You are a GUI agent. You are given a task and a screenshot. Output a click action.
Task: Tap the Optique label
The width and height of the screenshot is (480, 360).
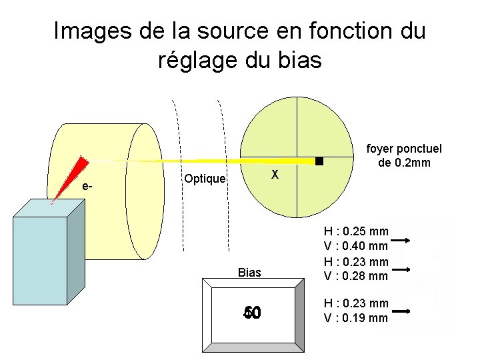pos(205,179)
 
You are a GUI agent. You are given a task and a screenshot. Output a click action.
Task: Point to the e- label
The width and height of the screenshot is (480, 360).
pos(87,186)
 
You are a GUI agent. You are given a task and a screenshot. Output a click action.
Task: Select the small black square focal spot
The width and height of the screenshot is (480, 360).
pos(319,161)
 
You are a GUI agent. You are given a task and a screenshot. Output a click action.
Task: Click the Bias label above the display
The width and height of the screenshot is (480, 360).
pos(249,272)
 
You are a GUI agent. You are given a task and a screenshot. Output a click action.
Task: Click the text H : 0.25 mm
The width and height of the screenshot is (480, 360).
pos(355,232)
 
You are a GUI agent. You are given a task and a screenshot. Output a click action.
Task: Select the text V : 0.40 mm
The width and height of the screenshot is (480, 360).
pos(355,247)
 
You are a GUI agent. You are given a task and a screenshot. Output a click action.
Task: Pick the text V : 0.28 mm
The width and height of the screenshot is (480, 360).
pos(355,276)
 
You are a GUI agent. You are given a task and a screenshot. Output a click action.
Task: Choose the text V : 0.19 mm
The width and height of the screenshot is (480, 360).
pos(355,317)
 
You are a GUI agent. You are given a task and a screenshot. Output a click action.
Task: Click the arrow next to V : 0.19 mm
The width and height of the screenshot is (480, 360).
pos(402,311)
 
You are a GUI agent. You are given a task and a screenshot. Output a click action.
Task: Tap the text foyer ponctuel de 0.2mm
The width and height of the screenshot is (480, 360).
pos(404,156)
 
